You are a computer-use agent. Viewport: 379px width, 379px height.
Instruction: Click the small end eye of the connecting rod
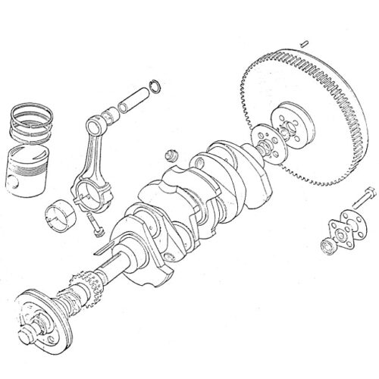[102, 120]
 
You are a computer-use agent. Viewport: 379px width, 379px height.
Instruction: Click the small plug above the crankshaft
[171, 156]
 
